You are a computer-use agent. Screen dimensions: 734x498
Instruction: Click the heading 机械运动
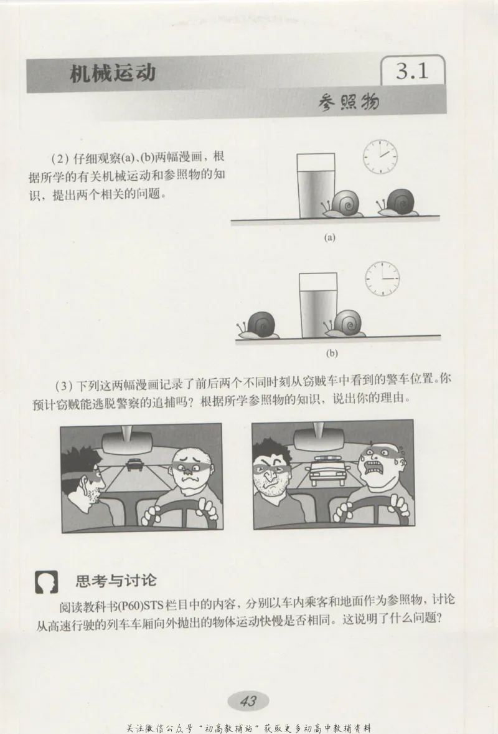(113, 75)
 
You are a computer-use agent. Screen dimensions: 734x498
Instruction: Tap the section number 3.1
(412, 72)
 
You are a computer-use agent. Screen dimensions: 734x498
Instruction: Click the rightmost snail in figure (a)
(398, 203)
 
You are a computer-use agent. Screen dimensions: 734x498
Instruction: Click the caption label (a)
(330, 237)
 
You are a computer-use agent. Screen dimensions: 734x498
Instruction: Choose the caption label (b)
(331, 353)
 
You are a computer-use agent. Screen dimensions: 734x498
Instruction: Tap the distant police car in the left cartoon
(133, 464)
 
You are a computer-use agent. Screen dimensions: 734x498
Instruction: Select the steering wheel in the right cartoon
(374, 508)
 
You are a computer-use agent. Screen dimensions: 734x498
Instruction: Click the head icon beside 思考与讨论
(46, 582)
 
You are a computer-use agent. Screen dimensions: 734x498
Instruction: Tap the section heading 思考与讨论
(115, 581)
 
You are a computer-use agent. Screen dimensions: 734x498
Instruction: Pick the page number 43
(248, 701)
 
